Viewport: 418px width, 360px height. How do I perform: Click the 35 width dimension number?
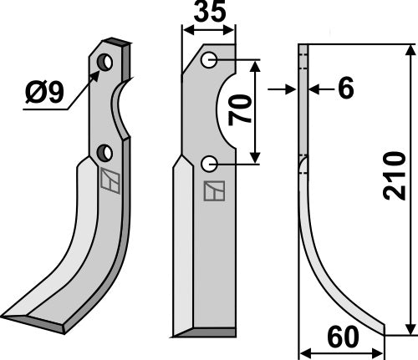click(208, 13)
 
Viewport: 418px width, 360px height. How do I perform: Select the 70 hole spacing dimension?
click(242, 109)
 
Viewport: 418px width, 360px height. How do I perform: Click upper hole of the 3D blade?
click(104, 63)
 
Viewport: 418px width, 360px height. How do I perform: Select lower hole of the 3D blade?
click(104, 152)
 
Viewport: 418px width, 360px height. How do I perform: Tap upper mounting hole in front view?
click(209, 60)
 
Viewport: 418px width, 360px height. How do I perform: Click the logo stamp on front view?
click(213, 191)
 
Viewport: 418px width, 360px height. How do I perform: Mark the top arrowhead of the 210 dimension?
click(409, 50)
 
